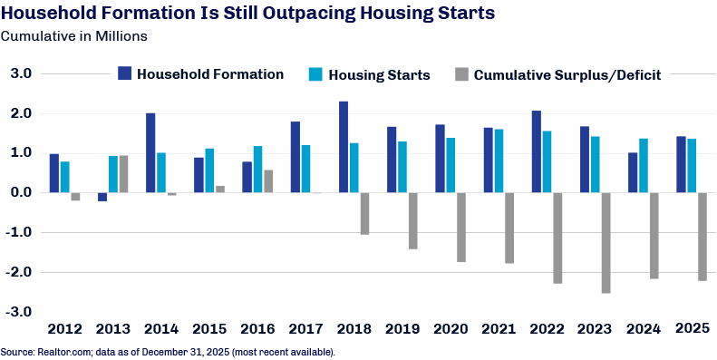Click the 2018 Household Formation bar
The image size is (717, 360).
(344, 147)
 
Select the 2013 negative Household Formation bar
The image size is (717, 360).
(102, 197)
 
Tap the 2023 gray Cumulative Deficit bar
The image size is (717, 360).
(606, 243)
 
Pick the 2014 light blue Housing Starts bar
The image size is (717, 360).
(161, 172)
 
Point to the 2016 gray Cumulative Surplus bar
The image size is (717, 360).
(268, 181)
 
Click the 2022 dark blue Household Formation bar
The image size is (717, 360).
(537, 151)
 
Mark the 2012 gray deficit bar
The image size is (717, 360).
(75, 197)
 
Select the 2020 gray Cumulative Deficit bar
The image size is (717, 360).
(461, 228)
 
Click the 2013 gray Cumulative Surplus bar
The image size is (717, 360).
(123, 174)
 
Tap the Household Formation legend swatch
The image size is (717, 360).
(124, 73)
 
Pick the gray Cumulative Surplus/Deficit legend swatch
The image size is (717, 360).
(462, 74)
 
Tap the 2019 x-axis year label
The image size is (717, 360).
(402, 329)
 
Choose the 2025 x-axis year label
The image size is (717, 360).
(693, 328)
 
